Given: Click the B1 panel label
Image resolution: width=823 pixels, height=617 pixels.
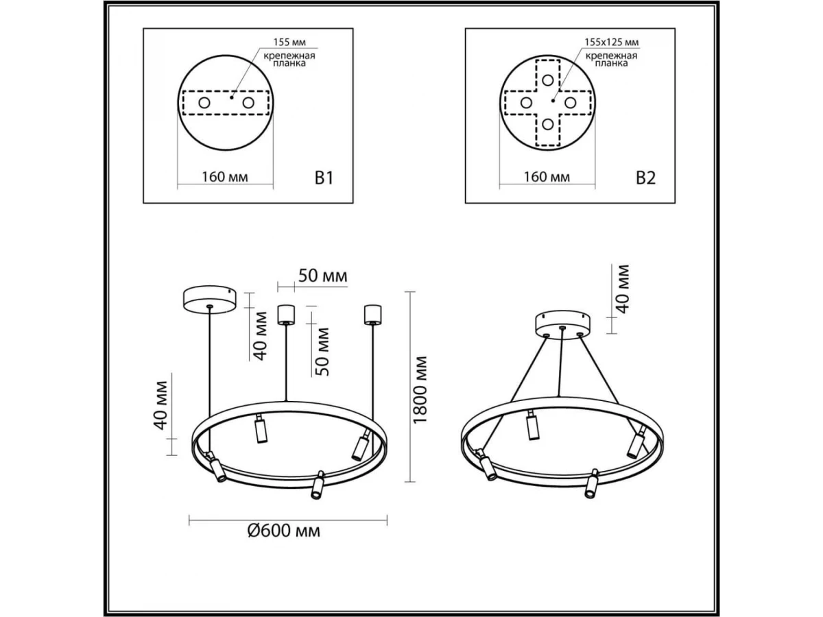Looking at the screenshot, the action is click(x=324, y=178).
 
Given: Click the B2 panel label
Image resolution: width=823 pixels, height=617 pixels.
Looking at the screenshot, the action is click(x=645, y=178).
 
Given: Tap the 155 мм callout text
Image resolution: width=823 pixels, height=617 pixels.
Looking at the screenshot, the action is click(x=289, y=42).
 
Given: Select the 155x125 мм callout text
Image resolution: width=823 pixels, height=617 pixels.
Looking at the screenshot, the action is click(x=612, y=42).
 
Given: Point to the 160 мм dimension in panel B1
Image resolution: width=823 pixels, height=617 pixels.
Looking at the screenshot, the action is click(x=225, y=177).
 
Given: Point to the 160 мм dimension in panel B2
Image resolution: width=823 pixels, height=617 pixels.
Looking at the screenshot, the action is click(x=547, y=177).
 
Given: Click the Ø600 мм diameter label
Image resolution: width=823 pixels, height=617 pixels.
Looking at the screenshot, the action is click(x=284, y=531).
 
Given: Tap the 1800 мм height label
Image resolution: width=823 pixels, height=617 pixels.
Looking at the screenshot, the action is click(x=420, y=389).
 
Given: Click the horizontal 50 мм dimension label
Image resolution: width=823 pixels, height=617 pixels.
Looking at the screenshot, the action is click(x=323, y=276).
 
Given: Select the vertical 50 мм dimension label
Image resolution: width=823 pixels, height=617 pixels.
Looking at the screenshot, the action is click(x=322, y=352).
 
